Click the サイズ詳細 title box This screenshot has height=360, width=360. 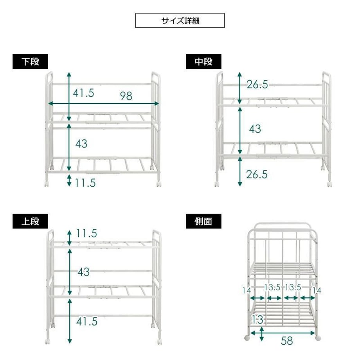[180, 20]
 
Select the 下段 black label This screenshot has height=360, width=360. [30, 61]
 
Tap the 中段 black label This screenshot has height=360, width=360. [203, 61]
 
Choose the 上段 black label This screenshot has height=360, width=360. [30, 221]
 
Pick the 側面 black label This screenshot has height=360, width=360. [203, 221]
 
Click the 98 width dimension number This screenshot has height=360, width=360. [126, 96]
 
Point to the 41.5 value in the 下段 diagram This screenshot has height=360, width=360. [84, 93]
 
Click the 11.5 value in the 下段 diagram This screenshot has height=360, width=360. [85, 183]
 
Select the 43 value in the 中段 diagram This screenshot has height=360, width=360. [255, 129]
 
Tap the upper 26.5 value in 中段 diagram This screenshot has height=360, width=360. [257, 85]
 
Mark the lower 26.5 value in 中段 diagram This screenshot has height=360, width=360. [257, 175]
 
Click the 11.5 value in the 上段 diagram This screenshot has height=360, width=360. [86, 233]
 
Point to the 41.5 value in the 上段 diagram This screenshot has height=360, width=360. [87, 321]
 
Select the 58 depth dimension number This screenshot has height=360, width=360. [287, 341]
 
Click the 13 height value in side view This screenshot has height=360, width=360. [257, 320]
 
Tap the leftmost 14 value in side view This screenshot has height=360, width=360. [247, 291]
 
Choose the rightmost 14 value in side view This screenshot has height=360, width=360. [317, 291]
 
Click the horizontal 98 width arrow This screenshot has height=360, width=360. [104, 104]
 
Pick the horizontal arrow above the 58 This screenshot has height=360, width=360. [283, 333]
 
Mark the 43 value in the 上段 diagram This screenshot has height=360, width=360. [84, 272]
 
